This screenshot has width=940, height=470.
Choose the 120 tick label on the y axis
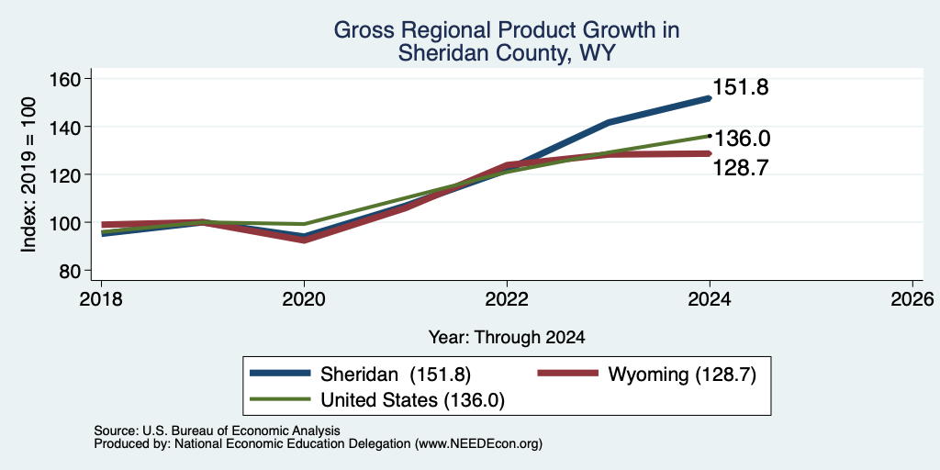coord(66,175)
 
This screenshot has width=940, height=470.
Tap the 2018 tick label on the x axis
coord(101,298)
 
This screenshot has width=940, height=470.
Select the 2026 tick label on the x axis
coord(912,298)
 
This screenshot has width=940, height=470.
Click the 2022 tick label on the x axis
coord(507,298)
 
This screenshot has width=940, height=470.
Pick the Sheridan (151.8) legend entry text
coord(396,375)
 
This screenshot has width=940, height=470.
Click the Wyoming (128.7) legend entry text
coord(682,375)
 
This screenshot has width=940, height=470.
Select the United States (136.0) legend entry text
coord(412,400)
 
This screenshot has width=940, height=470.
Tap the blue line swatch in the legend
coord(281,374)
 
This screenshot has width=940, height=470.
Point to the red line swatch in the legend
coord(568,374)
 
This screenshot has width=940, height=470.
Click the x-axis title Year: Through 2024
coord(507,338)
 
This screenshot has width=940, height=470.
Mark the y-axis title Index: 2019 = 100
coord(28,174)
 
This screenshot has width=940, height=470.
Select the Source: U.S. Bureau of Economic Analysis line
coord(217,431)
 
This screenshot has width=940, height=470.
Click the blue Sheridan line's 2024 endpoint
coord(710,98)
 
